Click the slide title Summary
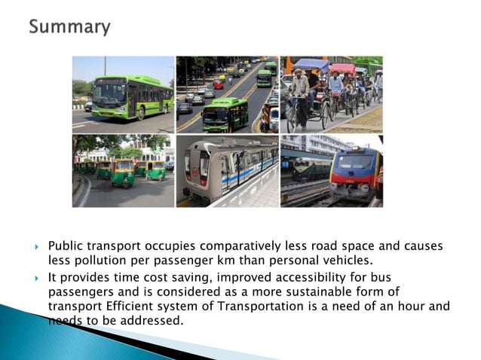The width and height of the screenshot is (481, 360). tap(69, 28)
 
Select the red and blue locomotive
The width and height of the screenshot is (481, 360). tap(355, 174)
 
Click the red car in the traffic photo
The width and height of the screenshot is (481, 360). tap(219, 84)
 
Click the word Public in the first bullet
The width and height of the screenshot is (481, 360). tap(66, 246)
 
